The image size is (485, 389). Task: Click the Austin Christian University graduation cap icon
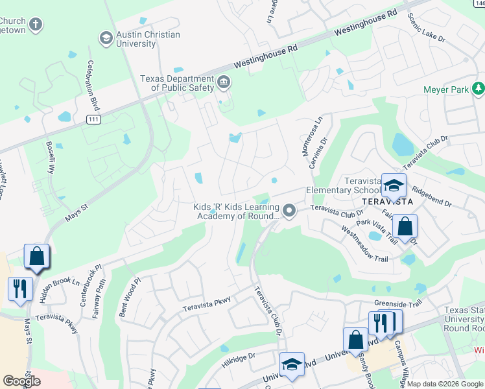coord(105,38)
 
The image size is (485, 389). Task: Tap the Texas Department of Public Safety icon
coord(224,82)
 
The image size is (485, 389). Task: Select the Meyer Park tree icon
coord(479,88)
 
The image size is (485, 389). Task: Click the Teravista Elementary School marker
coord(393,186)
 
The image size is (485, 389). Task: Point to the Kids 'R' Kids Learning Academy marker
coord(289,211)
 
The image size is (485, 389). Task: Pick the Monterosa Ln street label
coord(318,132)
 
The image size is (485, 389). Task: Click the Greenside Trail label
coord(397,303)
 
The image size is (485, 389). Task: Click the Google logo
coord(21,381)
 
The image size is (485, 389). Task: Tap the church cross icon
coord(36,25)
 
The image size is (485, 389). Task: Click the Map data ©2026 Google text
coord(445,384)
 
